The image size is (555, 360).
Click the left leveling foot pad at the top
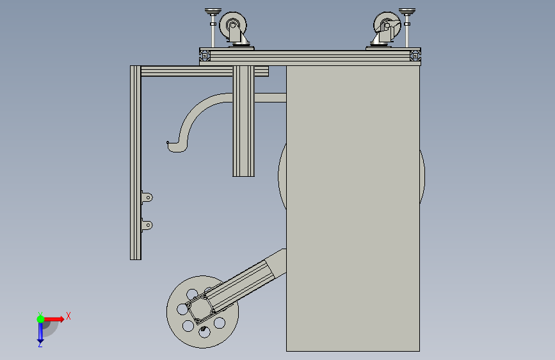[x=213, y=12]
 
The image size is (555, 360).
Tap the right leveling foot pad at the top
[x=407, y=12]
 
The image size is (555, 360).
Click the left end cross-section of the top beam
[x=205, y=56]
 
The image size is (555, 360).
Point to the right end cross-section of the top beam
[x=415, y=56]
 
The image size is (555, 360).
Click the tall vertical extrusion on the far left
[x=136, y=163]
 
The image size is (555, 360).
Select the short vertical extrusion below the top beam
[x=243, y=121]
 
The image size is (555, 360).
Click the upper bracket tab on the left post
[x=147, y=197]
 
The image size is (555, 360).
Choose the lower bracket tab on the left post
[x=147, y=225]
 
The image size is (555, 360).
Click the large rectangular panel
[x=353, y=208]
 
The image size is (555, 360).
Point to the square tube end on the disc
[x=200, y=308]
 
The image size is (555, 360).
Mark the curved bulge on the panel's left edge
[x=282, y=176]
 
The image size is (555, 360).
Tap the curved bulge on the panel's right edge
[x=422, y=177]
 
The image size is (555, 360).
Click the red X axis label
[x=68, y=316]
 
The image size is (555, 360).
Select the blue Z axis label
[x=40, y=344]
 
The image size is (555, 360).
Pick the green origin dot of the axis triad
[x=41, y=319]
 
